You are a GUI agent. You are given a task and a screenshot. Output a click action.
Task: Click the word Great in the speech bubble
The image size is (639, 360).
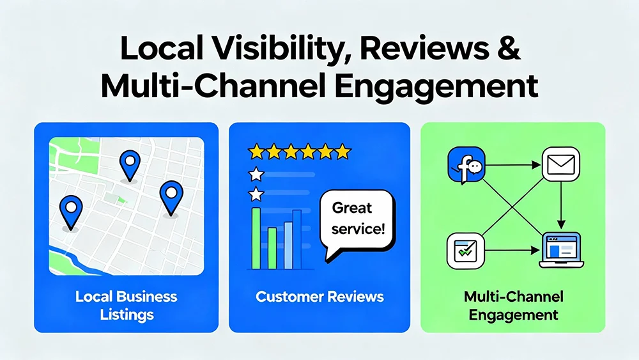point(351,208)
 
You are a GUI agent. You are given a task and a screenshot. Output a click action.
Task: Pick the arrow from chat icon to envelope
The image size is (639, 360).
point(511,165)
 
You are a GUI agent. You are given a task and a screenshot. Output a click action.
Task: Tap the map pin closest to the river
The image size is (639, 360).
point(71,210)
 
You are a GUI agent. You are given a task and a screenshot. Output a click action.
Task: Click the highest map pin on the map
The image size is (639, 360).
point(130,162)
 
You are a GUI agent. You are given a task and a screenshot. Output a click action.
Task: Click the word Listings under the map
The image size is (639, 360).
point(126,314)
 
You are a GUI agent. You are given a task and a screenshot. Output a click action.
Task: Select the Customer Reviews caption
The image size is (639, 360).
point(319,297)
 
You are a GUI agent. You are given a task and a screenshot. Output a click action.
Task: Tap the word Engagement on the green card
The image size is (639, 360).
point(512,315)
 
